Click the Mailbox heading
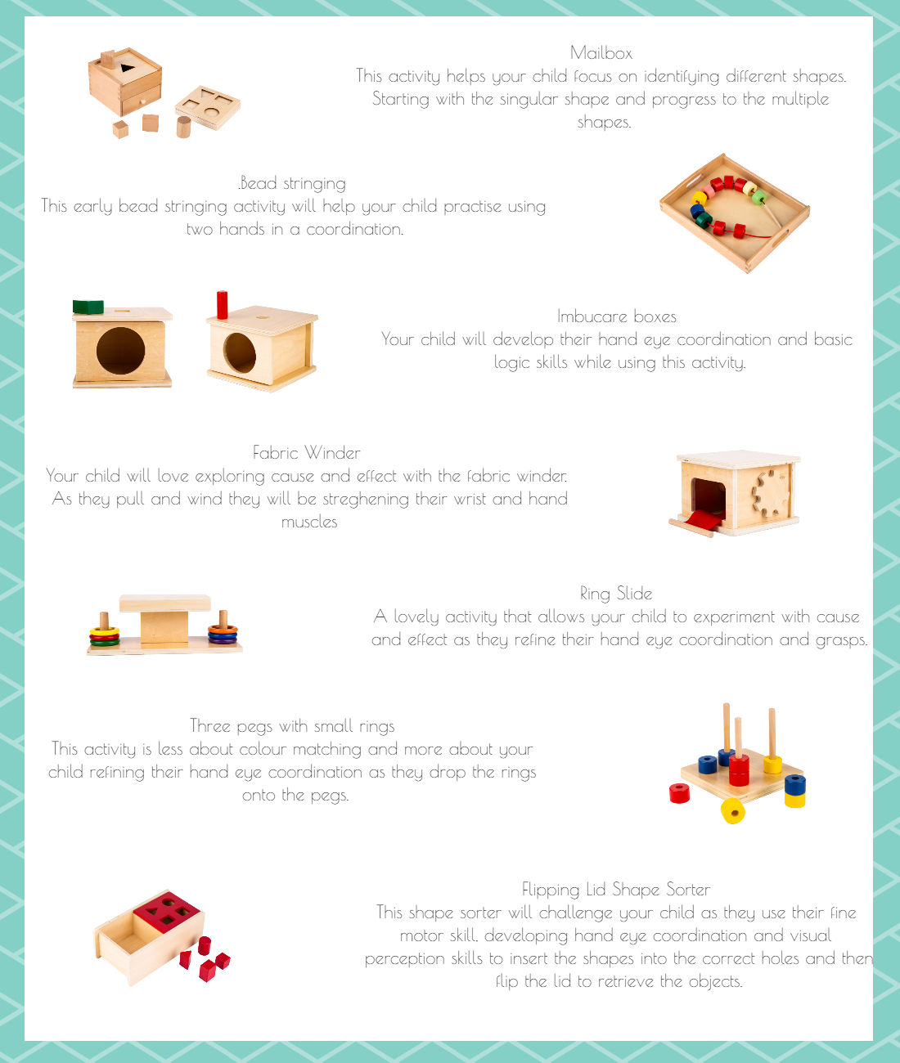[601, 53]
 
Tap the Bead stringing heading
[292, 184]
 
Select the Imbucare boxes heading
[616, 316]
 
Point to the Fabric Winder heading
[307, 452]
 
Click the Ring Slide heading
[616, 594]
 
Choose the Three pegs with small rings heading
[292, 726]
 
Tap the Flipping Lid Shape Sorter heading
[616, 889]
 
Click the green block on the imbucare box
[88, 307]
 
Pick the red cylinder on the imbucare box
[223, 305]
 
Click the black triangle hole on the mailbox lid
[127, 67]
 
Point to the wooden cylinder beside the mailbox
[183, 127]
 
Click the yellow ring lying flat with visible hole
[733, 811]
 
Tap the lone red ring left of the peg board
[679, 793]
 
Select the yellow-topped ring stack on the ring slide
[104, 636]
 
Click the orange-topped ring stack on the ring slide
[223, 634]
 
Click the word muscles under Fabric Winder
[309, 522]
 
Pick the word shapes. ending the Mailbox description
[604, 123]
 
